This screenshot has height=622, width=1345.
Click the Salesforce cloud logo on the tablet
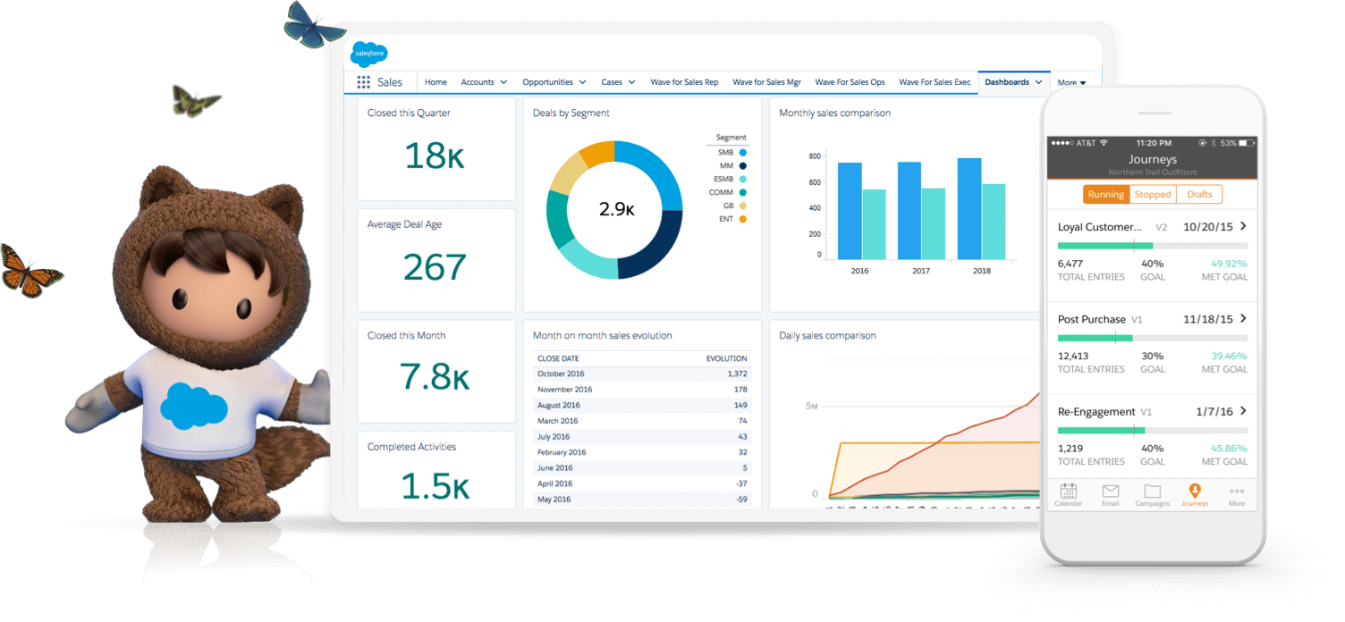368,55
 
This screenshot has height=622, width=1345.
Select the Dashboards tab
1006,82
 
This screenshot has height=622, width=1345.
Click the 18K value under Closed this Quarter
435,155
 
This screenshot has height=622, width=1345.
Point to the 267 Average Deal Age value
435,267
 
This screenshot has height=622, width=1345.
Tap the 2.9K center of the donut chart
616,210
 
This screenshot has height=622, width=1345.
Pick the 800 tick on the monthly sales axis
814,156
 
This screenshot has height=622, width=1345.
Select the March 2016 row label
557,421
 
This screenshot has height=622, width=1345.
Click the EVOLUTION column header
725,358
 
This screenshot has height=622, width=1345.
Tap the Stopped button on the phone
1153,194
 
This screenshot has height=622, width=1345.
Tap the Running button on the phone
1105,194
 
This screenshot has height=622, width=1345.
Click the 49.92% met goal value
1228,264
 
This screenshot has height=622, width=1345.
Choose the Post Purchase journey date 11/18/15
1207,319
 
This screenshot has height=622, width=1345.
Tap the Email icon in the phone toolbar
1110,492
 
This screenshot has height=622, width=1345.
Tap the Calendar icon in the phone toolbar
1068,492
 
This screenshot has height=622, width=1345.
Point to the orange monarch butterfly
30,270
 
